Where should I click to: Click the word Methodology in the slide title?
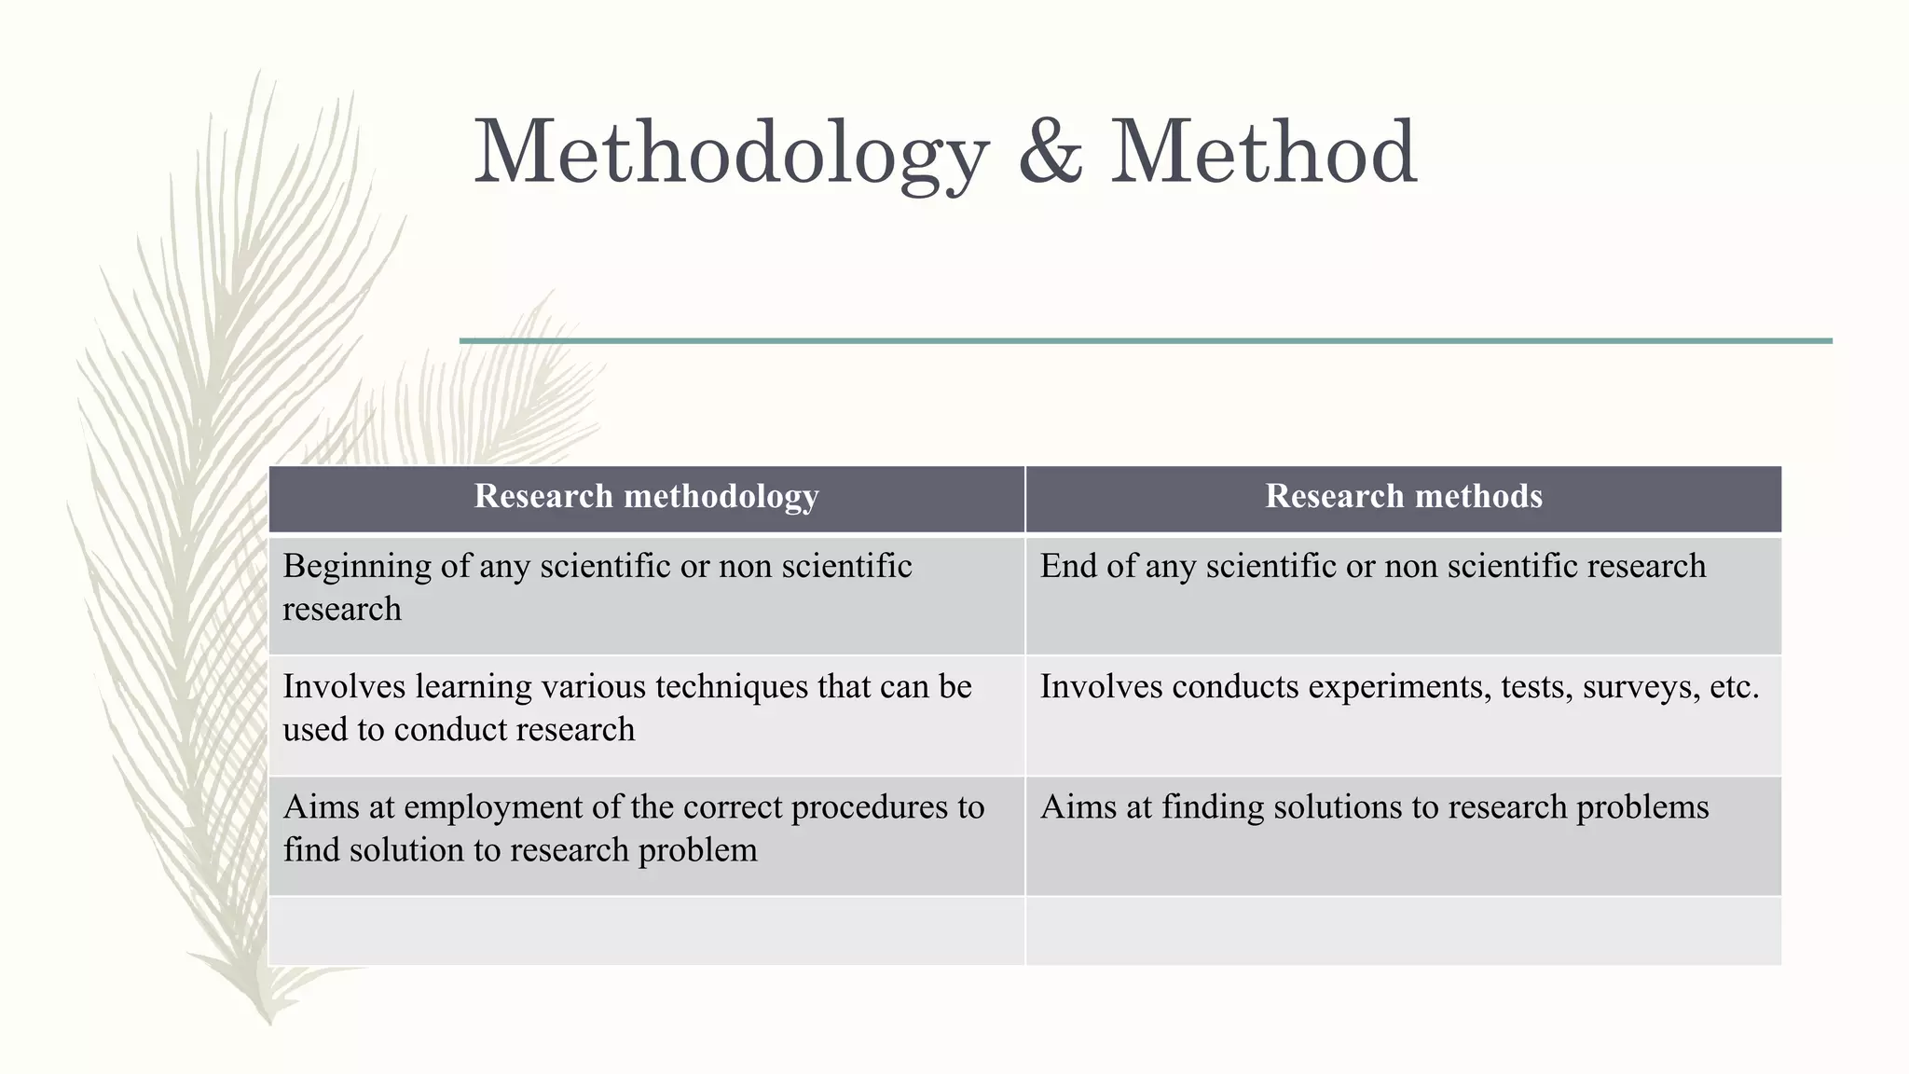pos(732,153)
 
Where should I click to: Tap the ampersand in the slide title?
pos(1051,153)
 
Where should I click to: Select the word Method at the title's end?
pos(1264,153)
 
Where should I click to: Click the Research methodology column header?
pos(646,497)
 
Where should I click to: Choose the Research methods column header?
pos(1403,497)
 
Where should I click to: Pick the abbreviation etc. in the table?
pos(1735,687)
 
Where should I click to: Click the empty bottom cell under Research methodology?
pos(646,931)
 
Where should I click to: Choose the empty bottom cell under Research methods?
pos(1403,931)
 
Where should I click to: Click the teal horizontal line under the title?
pos(1146,341)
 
